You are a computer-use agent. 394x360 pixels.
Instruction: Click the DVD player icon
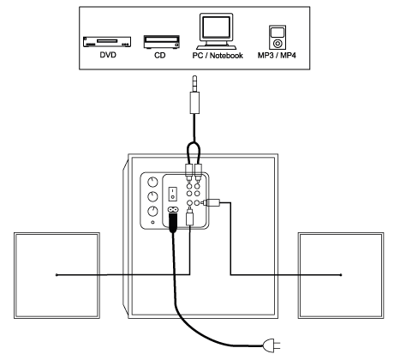point(107,42)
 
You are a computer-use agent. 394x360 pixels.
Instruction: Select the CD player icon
point(162,42)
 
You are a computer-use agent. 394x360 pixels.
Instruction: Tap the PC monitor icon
point(216,31)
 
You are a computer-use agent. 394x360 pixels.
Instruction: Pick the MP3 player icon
point(278,38)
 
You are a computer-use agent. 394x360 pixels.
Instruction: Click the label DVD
point(108,55)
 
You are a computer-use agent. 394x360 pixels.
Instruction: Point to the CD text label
point(160,55)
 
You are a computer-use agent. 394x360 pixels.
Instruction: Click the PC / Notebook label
point(218,56)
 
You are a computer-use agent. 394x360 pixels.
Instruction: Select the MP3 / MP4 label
point(277,55)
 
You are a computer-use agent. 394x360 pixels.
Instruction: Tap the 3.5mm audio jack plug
point(194,95)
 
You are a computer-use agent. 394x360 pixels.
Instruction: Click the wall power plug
point(272,345)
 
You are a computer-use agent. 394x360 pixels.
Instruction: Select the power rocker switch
point(172,194)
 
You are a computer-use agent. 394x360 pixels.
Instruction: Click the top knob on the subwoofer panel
point(152,182)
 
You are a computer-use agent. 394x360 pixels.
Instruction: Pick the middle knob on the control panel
point(152,196)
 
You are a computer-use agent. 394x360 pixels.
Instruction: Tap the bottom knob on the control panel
point(152,212)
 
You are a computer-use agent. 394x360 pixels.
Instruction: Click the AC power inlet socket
point(173,210)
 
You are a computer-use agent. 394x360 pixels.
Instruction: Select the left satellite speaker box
point(57,275)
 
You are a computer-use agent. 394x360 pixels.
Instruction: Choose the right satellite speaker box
point(341,275)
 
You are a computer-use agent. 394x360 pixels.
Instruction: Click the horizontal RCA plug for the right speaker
point(211,203)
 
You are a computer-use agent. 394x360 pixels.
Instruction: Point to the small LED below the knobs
point(152,222)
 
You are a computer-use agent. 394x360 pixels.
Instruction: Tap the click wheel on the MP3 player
point(278,44)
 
